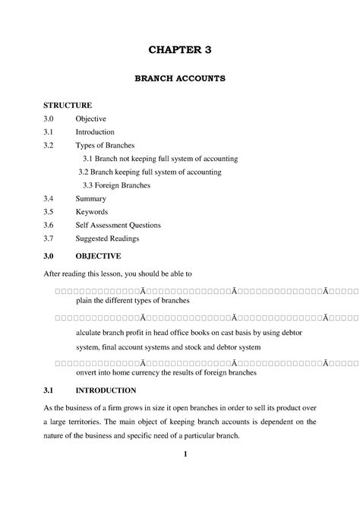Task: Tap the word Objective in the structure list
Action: point(90,119)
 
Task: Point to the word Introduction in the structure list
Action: point(95,132)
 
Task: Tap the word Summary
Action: point(91,199)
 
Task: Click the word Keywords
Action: point(92,212)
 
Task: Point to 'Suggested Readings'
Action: point(108,239)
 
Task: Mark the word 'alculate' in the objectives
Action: point(90,333)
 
